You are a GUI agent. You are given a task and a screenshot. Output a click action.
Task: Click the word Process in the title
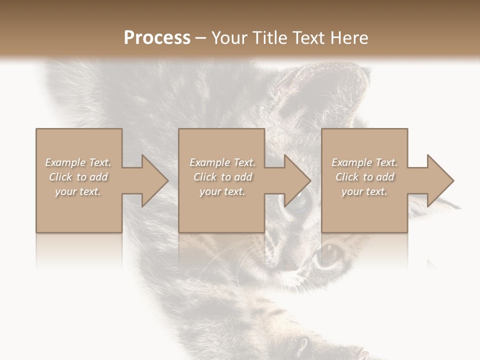click(157, 38)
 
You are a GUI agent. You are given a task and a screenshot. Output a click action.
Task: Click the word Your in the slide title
click(229, 38)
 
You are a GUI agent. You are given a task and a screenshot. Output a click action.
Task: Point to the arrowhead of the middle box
click(294, 180)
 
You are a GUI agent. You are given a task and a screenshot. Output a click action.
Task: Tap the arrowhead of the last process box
click(437, 180)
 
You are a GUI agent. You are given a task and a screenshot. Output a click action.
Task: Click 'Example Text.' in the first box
click(78, 162)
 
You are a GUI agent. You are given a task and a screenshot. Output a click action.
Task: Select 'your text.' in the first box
click(78, 191)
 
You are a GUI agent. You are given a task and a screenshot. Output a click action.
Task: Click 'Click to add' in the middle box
click(222, 177)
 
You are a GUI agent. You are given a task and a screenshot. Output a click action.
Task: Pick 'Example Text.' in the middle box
click(222, 162)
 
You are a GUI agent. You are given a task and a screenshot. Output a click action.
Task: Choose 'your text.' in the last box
click(364, 191)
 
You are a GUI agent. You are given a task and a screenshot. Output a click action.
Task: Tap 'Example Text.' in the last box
click(364, 162)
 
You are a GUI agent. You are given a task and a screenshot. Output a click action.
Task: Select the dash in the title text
click(200, 38)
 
